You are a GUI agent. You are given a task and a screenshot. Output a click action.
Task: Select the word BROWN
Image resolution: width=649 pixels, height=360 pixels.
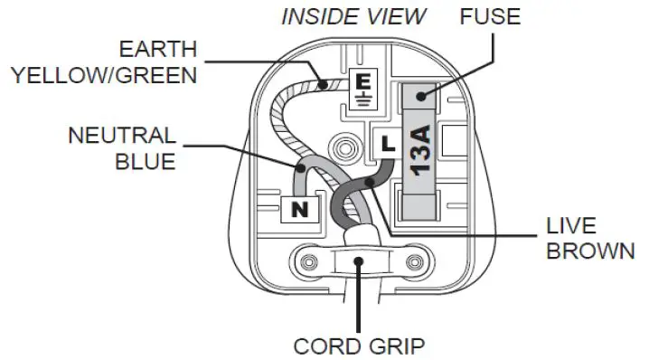[x=588, y=250]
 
